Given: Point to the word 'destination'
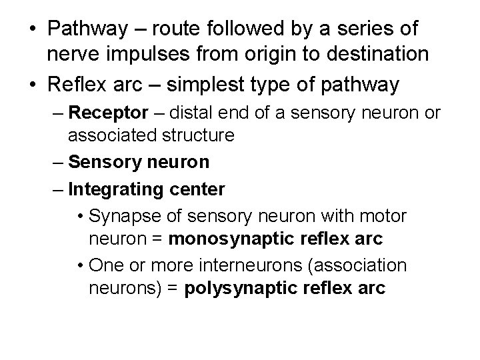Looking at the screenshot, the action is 379,54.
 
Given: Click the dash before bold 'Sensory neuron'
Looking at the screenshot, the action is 59,162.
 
